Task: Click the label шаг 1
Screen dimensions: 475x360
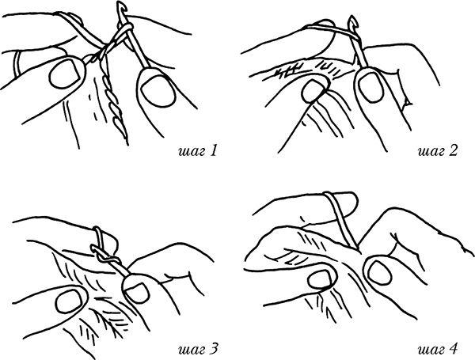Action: click(197, 151)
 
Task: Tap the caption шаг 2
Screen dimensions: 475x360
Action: click(437, 151)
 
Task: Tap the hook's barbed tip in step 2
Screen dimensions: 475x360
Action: click(352, 21)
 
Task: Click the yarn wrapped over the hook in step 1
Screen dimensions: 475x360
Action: click(123, 29)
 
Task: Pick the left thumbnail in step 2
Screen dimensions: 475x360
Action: click(313, 90)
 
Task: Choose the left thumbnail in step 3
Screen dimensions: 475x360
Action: click(70, 301)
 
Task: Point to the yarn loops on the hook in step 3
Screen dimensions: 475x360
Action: click(103, 247)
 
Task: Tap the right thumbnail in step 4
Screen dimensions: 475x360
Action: click(379, 271)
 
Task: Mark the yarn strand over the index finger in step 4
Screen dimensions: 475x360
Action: click(342, 220)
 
